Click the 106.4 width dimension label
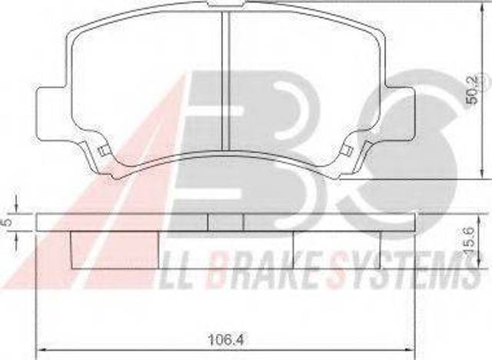click(226, 339)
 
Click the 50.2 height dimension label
click(472, 93)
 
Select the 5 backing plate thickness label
click(7, 222)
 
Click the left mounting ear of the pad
click(52, 114)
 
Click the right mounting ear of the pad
click(401, 114)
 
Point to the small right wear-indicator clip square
click(346, 151)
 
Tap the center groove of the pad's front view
click(226, 81)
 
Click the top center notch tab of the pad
click(226, 3)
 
